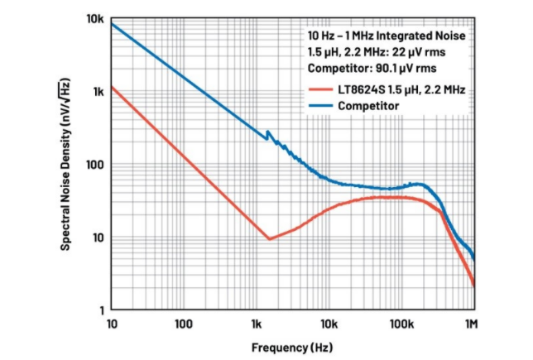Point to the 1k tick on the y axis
tap(97, 91)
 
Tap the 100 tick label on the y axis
tap(94, 164)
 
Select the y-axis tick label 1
tap(100, 310)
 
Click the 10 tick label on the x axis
tap(111, 322)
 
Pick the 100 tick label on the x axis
tap(183, 322)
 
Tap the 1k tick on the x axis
tap(256, 322)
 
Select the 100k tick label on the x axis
tap(401, 322)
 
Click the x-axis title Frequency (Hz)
tap(292, 346)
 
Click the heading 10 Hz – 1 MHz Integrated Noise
tap(386, 36)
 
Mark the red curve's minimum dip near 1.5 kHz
tap(269, 239)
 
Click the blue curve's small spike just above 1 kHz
tap(267, 132)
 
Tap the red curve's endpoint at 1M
tap(474, 286)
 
